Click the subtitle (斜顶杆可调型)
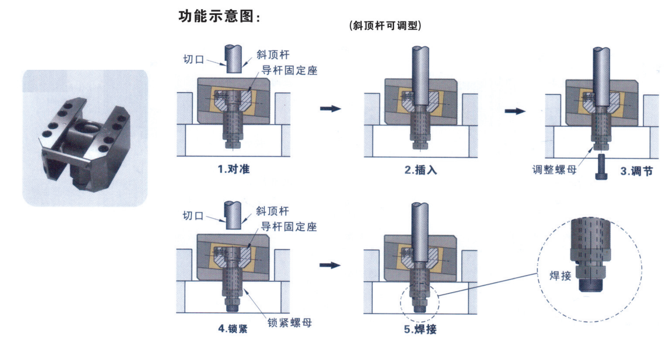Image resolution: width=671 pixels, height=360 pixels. tap(385, 26)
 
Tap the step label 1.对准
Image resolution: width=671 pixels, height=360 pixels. tap(234, 169)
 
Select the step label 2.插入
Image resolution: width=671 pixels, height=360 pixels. tap(421, 170)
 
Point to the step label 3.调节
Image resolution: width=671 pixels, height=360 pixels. tap(636, 171)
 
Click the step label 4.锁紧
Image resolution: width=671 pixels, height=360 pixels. tap(233, 328)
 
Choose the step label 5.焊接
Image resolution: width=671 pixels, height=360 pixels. tap(420, 329)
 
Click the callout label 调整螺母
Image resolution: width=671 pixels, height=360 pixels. tap(554, 170)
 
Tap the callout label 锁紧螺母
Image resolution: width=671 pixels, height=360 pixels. tap(289, 322)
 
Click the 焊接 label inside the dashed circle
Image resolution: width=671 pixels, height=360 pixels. tap(560, 276)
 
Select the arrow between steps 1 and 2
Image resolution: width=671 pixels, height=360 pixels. tap(331, 109)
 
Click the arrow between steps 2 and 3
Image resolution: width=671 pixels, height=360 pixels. tap(515, 111)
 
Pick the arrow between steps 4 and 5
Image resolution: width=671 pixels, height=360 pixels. tap(330, 265)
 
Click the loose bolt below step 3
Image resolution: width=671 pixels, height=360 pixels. tap(601, 167)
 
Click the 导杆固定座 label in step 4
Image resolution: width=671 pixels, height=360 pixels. tap(289, 227)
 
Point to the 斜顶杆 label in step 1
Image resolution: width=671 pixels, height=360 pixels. tap(273, 55)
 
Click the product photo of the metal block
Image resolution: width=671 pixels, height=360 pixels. tap(85, 138)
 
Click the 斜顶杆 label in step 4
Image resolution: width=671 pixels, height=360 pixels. tap(272, 211)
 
